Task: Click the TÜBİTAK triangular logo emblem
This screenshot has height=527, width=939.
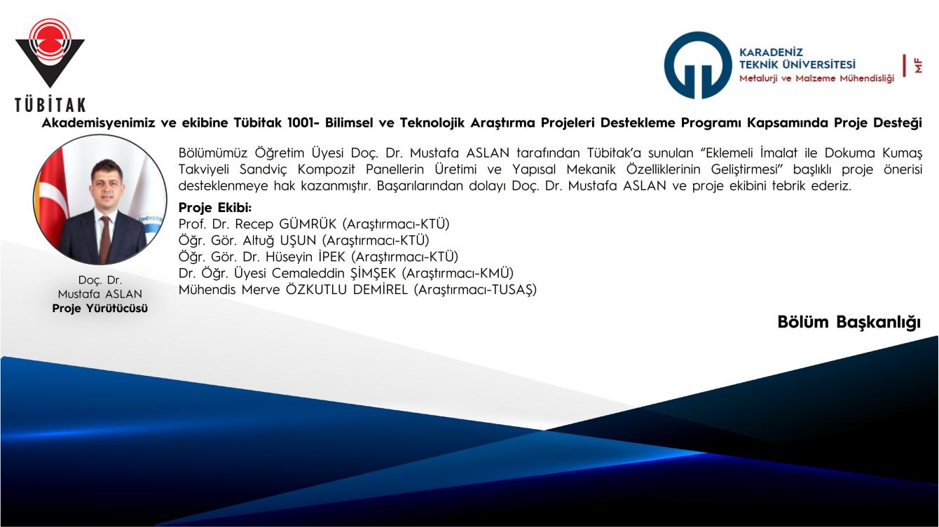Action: pyautogui.click(x=50, y=52)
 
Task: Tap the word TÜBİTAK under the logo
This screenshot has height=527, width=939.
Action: pyautogui.click(x=50, y=105)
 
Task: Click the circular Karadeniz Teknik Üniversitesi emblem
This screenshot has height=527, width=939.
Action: pyautogui.click(x=698, y=65)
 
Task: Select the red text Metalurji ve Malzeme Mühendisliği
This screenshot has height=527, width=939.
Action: pyautogui.click(x=816, y=78)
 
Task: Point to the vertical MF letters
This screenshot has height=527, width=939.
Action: pyautogui.click(x=918, y=66)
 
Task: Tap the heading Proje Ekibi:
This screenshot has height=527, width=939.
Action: pyautogui.click(x=215, y=208)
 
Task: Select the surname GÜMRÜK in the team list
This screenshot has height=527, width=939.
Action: pyautogui.click(x=308, y=224)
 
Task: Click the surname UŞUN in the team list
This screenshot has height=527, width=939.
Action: pyautogui.click(x=298, y=241)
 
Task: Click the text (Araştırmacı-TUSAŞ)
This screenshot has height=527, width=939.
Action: pyautogui.click(x=475, y=290)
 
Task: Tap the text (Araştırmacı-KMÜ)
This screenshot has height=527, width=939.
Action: pyautogui.click(x=458, y=274)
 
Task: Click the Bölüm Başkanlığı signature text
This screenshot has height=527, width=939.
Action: pyautogui.click(x=849, y=323)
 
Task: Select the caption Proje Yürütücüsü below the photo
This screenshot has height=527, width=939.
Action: pyautogui.click(x=100, y=309)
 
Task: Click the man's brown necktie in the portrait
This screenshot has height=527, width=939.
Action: pyautogui.click(x=104, y=239)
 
